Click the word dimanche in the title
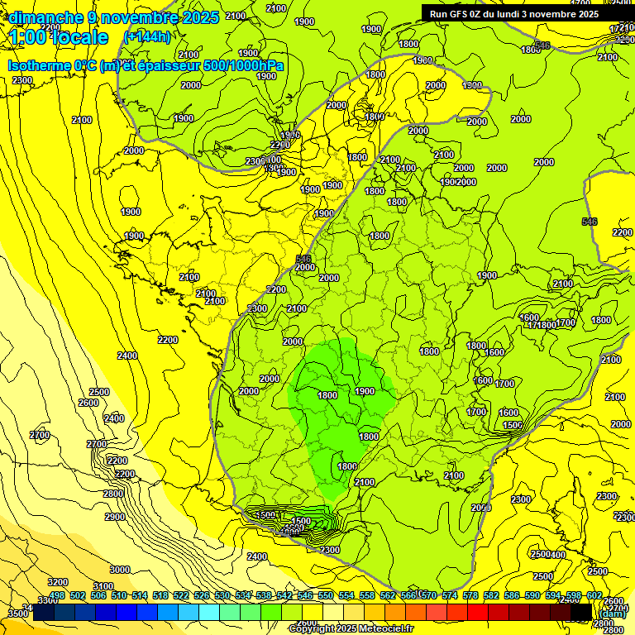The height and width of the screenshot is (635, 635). click(41, 17)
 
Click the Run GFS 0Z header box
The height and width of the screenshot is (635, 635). click(514, 13)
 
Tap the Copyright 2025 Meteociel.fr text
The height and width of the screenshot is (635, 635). click(351, 628)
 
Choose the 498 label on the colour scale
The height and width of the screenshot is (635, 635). click(57, 595)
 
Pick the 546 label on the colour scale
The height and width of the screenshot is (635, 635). click(304, 595)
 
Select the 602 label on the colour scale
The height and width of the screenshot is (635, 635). click(594, 595)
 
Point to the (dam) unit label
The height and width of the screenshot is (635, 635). click(613, 614)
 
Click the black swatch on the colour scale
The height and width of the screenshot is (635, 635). click(581, 612)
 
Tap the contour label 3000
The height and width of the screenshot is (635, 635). click(120, 570)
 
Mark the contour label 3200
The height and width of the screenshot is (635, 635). click(58, 582)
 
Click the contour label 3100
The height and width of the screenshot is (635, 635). click(103, 586)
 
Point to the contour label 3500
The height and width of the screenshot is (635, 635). click(17, 614)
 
